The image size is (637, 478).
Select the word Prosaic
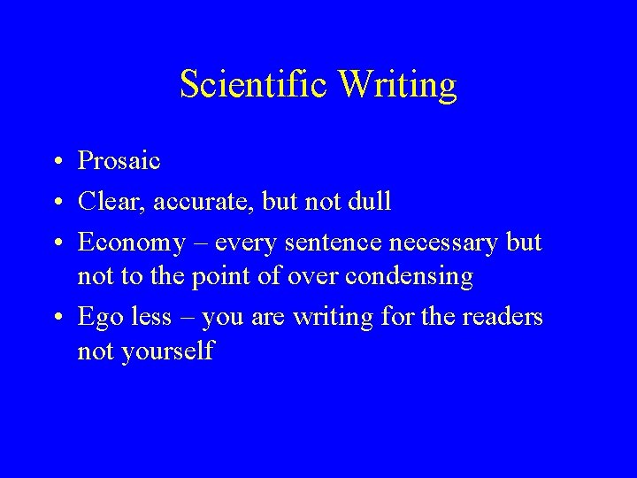[119, 160]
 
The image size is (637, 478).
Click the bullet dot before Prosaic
[56, 162]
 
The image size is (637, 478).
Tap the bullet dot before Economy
[56, 240]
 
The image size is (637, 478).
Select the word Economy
[129, 240]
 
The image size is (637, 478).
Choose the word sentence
[322, 240]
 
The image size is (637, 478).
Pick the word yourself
[169, 351]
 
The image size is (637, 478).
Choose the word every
[243, 240]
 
